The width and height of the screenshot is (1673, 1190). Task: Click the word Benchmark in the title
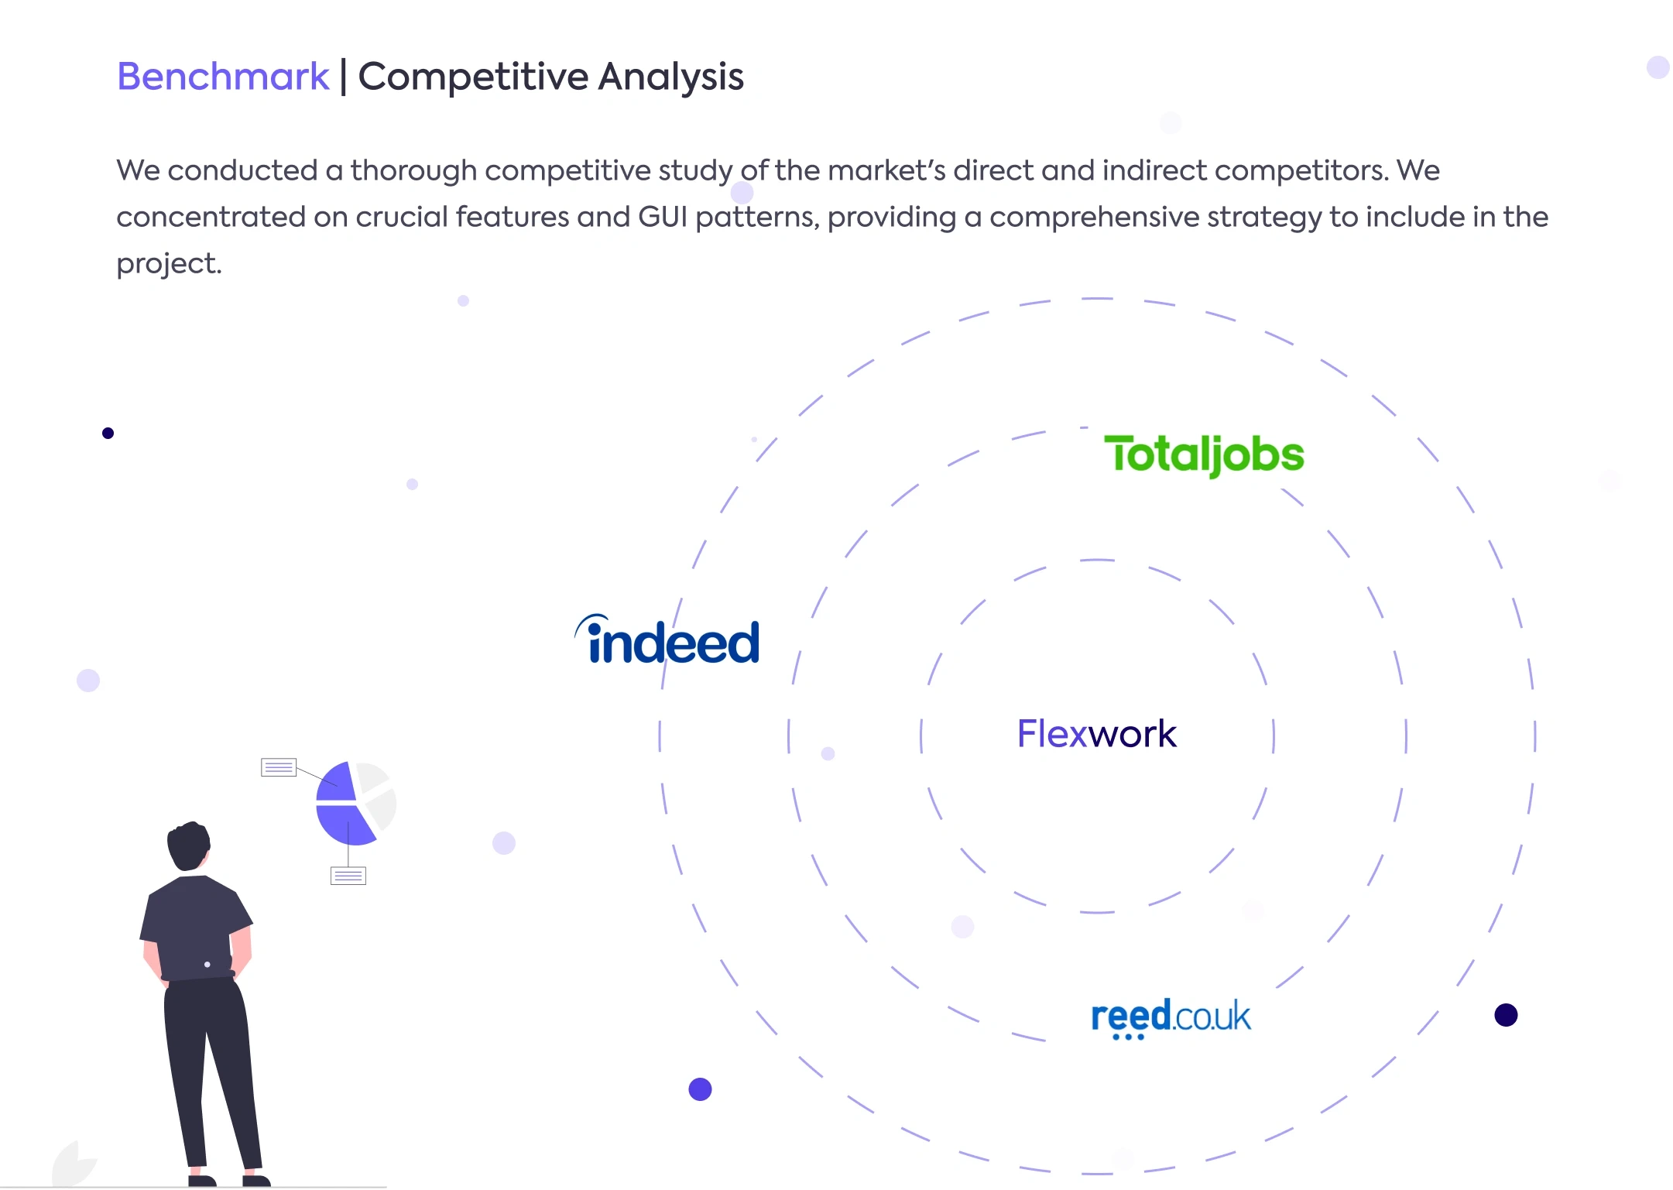[x=223, y=77]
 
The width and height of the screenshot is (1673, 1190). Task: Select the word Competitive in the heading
[x=474, y=77]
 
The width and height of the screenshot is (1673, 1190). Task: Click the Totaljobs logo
[x=1204, y=454]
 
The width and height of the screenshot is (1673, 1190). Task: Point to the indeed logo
[x=667, y=640]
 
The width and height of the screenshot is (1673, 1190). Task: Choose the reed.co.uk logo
[x=1171, y=1017]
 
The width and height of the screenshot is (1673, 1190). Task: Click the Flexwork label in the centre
[x=1097, y=733]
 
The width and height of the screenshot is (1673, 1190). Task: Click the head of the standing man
[x=189, y=845]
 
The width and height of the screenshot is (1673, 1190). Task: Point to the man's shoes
[x=229, y=1180]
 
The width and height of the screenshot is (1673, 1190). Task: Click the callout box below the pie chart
[x=348, y=876]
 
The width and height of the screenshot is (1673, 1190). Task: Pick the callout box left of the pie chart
[x=279, y=767]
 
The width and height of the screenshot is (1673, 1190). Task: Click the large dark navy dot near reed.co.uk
[x=1506, y=1015]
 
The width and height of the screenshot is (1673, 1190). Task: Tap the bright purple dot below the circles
[x=700, y=1089]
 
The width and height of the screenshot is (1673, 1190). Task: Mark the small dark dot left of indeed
[x=108, y=434]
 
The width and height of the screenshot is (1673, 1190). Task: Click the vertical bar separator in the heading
[x=344, y=77]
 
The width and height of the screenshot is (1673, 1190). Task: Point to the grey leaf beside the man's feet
[x=74, y=1163]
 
